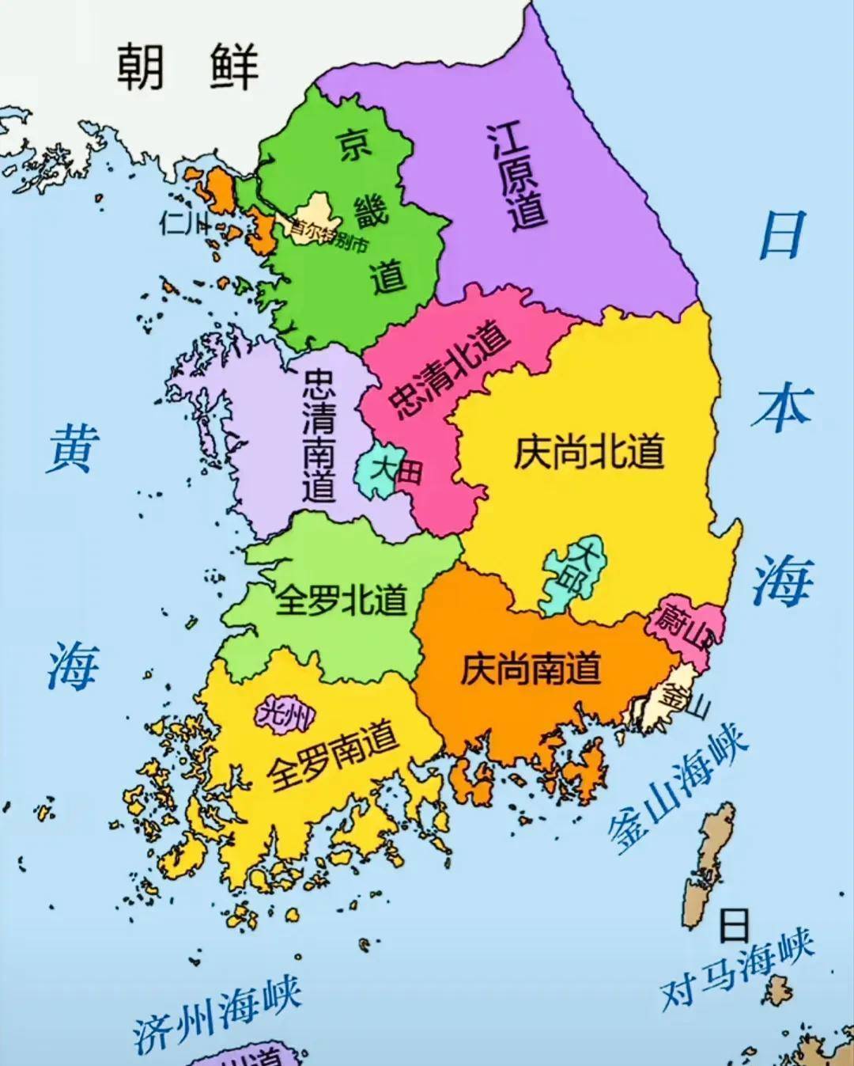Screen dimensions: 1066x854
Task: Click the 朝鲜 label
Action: pos(187,66)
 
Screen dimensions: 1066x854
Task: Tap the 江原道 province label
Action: pos(519,176)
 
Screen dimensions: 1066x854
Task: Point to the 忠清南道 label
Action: pos(319,435)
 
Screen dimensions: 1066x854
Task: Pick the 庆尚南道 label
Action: pos(531,669)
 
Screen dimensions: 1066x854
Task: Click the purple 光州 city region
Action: pos(285,715)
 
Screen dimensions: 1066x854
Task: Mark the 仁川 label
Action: pos(183,222)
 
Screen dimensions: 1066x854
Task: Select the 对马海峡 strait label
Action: pos(737,970)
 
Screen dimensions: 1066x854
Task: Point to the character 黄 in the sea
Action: pos(73,448)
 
